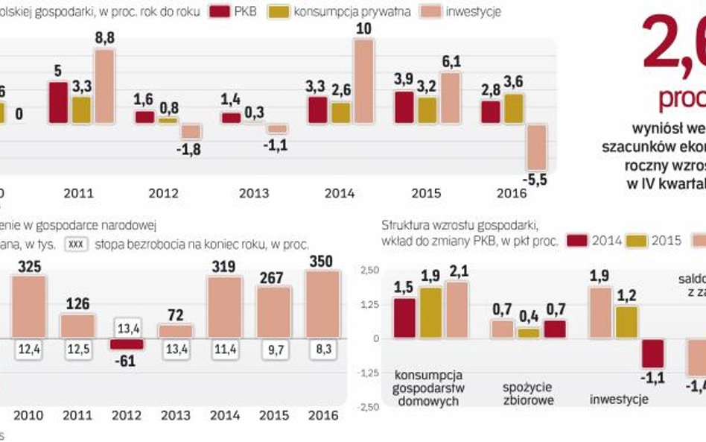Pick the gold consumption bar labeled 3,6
(x=514, y=108)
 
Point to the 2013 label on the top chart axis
(x=254, y=193)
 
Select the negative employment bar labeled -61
(x=126, y=344)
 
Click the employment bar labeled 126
(x=77, y=326)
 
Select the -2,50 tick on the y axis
(x=368, y=407)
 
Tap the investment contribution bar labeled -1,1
(x=652, y=353)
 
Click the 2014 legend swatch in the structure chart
(x=578, y=240)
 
